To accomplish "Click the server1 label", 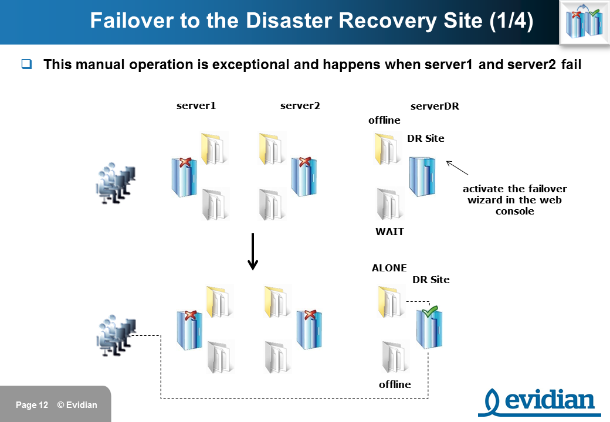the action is click(196, 105).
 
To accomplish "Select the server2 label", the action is click(300, 105).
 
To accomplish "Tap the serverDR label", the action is click(435, 106).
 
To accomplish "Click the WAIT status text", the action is click(389, 232).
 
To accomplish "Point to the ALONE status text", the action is click(389, 268).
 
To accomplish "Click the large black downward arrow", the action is click(253, 251).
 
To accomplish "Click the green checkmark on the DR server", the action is click(431, 311).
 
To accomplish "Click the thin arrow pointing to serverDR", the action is click(457, 168).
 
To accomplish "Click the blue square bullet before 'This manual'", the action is click(26, 64).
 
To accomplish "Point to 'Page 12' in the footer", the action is click(32, 405).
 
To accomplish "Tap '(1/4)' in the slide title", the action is click(511, 21).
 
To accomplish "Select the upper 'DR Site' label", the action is click(426, 138).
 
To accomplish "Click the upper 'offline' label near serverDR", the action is click(384, 120).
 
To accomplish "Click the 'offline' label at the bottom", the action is click(395, 384).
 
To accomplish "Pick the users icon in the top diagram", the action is click(116, 183).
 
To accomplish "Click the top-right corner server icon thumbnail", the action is click(584, 22).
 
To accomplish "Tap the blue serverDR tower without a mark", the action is click(422, 177).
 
